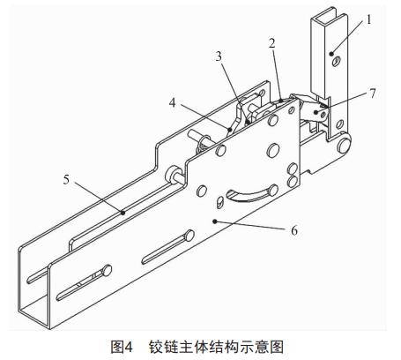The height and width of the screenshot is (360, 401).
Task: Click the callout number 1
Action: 368,19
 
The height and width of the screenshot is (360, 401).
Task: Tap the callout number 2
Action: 272,43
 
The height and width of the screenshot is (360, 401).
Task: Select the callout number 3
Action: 219,56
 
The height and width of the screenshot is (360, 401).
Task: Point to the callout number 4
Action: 172,102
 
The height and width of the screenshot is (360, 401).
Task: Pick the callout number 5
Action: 66,179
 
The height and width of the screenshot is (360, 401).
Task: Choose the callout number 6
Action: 294,230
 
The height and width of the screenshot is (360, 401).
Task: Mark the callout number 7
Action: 373,94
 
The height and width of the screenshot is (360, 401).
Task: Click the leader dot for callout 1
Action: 331,54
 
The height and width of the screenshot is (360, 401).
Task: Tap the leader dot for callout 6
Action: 215,221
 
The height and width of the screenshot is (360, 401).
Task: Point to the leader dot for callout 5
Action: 123,212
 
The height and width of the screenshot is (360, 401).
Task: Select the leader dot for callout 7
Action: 316,112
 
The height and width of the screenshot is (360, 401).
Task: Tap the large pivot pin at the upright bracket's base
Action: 345,145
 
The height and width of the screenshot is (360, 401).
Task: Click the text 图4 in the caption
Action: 122,347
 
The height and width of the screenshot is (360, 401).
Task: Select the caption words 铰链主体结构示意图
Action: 216,347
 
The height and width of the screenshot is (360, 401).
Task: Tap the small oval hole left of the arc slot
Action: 219,203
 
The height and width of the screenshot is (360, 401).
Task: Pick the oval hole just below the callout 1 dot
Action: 337,61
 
